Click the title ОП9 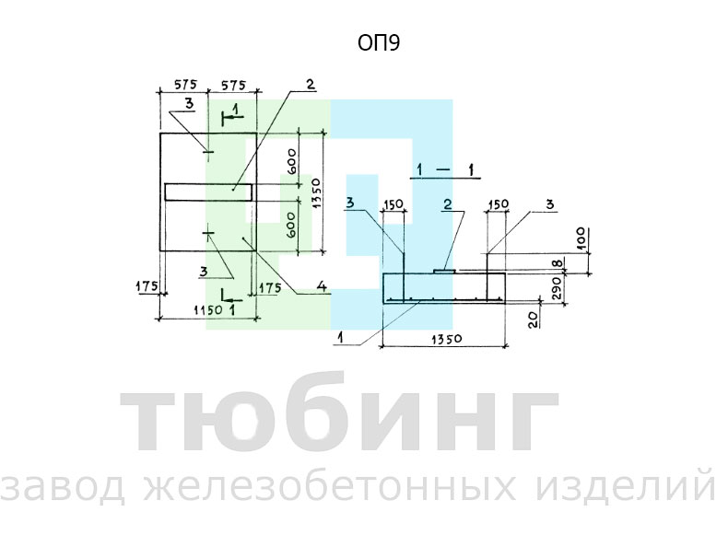(x=379, y=42)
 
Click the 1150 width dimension (x=207, y=310)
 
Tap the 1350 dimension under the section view (x=446, y=339)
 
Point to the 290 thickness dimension (x=558, y=288)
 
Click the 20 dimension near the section (x=534, y=319)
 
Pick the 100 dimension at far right (x=582, y=238)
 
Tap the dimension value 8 (x=559, y=264)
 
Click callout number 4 (x=322, y=286)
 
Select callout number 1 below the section (x=341, y=338)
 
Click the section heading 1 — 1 (x=445, y=170)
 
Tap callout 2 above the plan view (x=311, y=84)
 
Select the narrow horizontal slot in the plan (x=208, y=192)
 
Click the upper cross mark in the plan (x=208, y=151)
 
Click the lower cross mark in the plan (x=208, y=233)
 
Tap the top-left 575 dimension (x=186, y=85)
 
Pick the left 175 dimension (x=147, y=286)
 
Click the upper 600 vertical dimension (x=291, y=161)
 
